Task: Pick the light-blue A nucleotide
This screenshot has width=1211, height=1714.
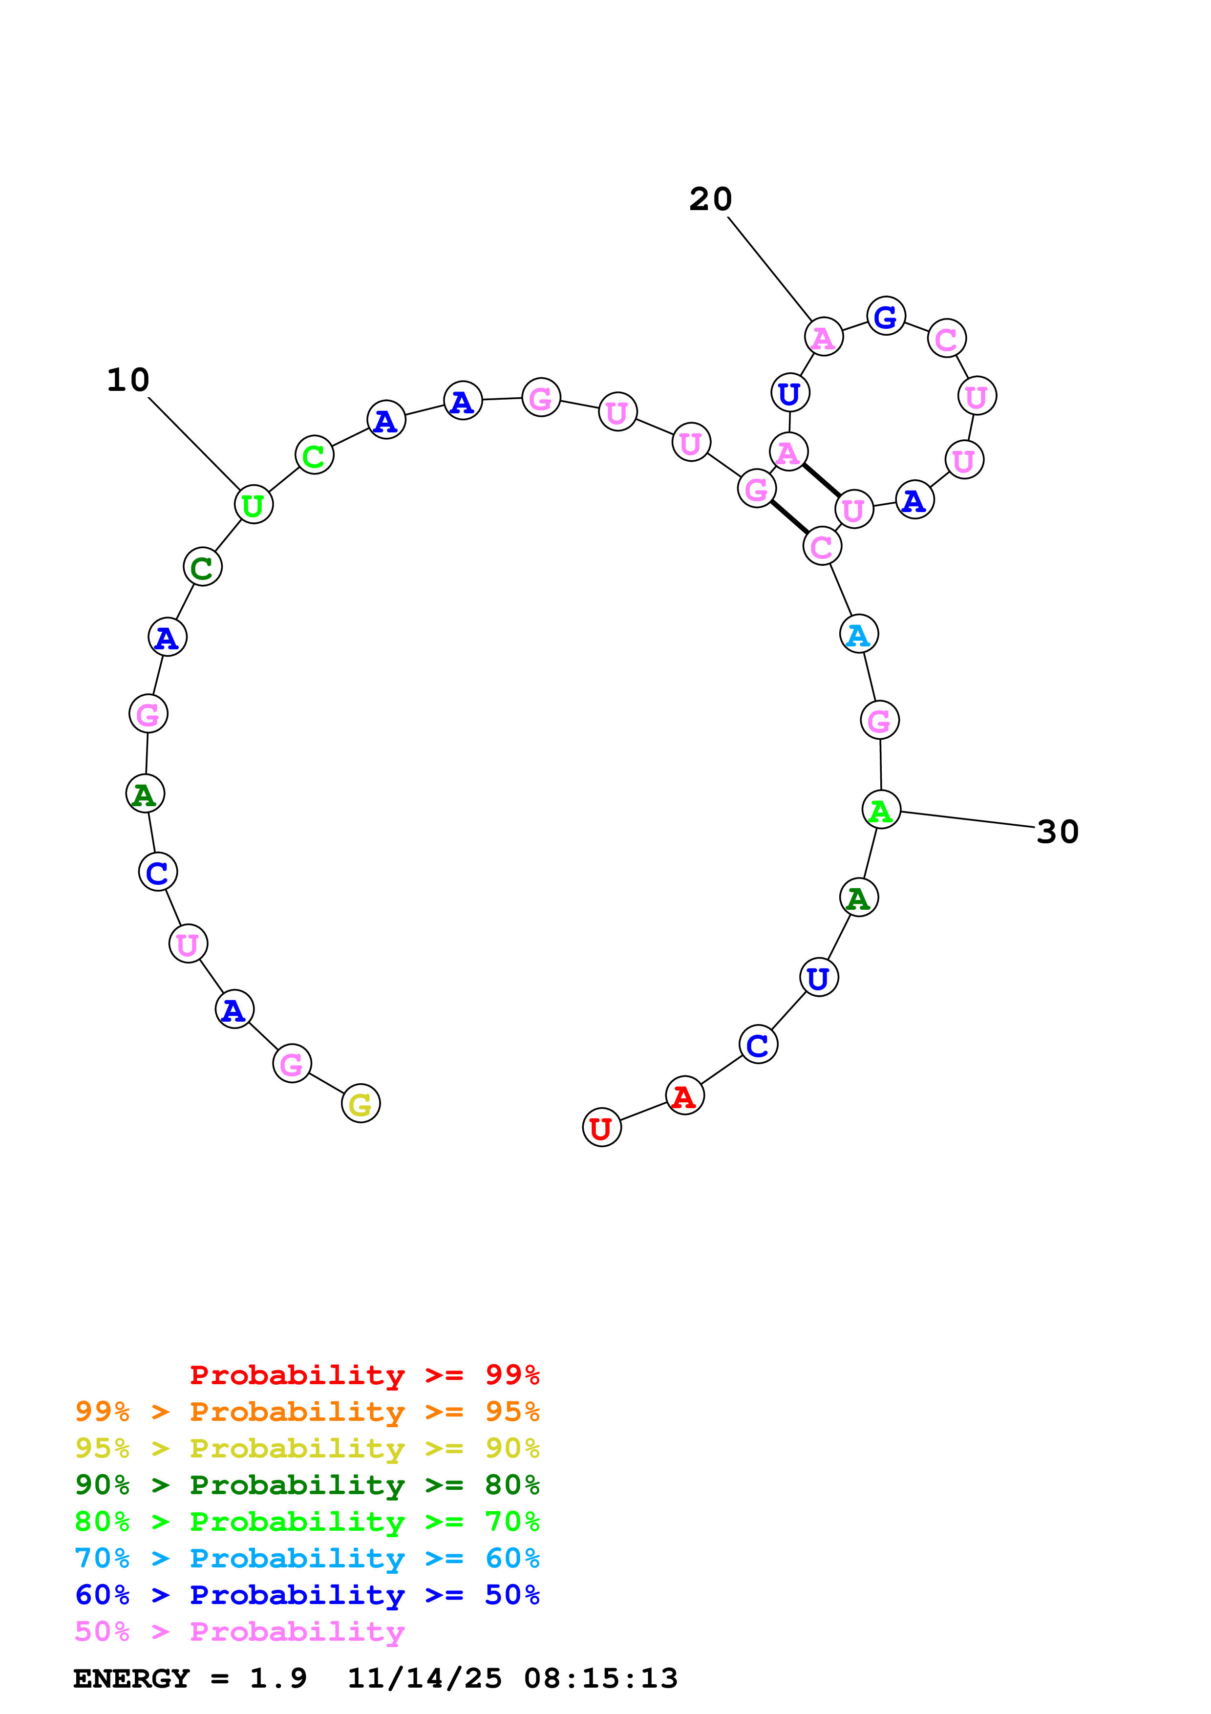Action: click(x=859, y=635)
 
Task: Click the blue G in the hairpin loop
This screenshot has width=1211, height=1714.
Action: click(x=886, y=317)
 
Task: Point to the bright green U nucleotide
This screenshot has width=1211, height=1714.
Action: click(x=254, y=505)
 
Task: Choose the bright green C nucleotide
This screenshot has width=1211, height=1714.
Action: click(x=314, y=455)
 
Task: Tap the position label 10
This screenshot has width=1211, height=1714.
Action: click(x=128, y=380)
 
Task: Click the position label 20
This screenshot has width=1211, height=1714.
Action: click(x=710, y=199)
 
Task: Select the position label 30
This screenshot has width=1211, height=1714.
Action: click(x=1057, y=832)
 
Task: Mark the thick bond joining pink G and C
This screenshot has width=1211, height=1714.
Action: click(x=789, y=517)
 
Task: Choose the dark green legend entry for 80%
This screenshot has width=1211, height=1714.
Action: click(x=307, y=1485)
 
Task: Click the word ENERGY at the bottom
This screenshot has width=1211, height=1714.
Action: click(x=131, y=1678)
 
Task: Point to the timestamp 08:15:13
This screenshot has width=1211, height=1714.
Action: click(x=601, y=1678)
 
